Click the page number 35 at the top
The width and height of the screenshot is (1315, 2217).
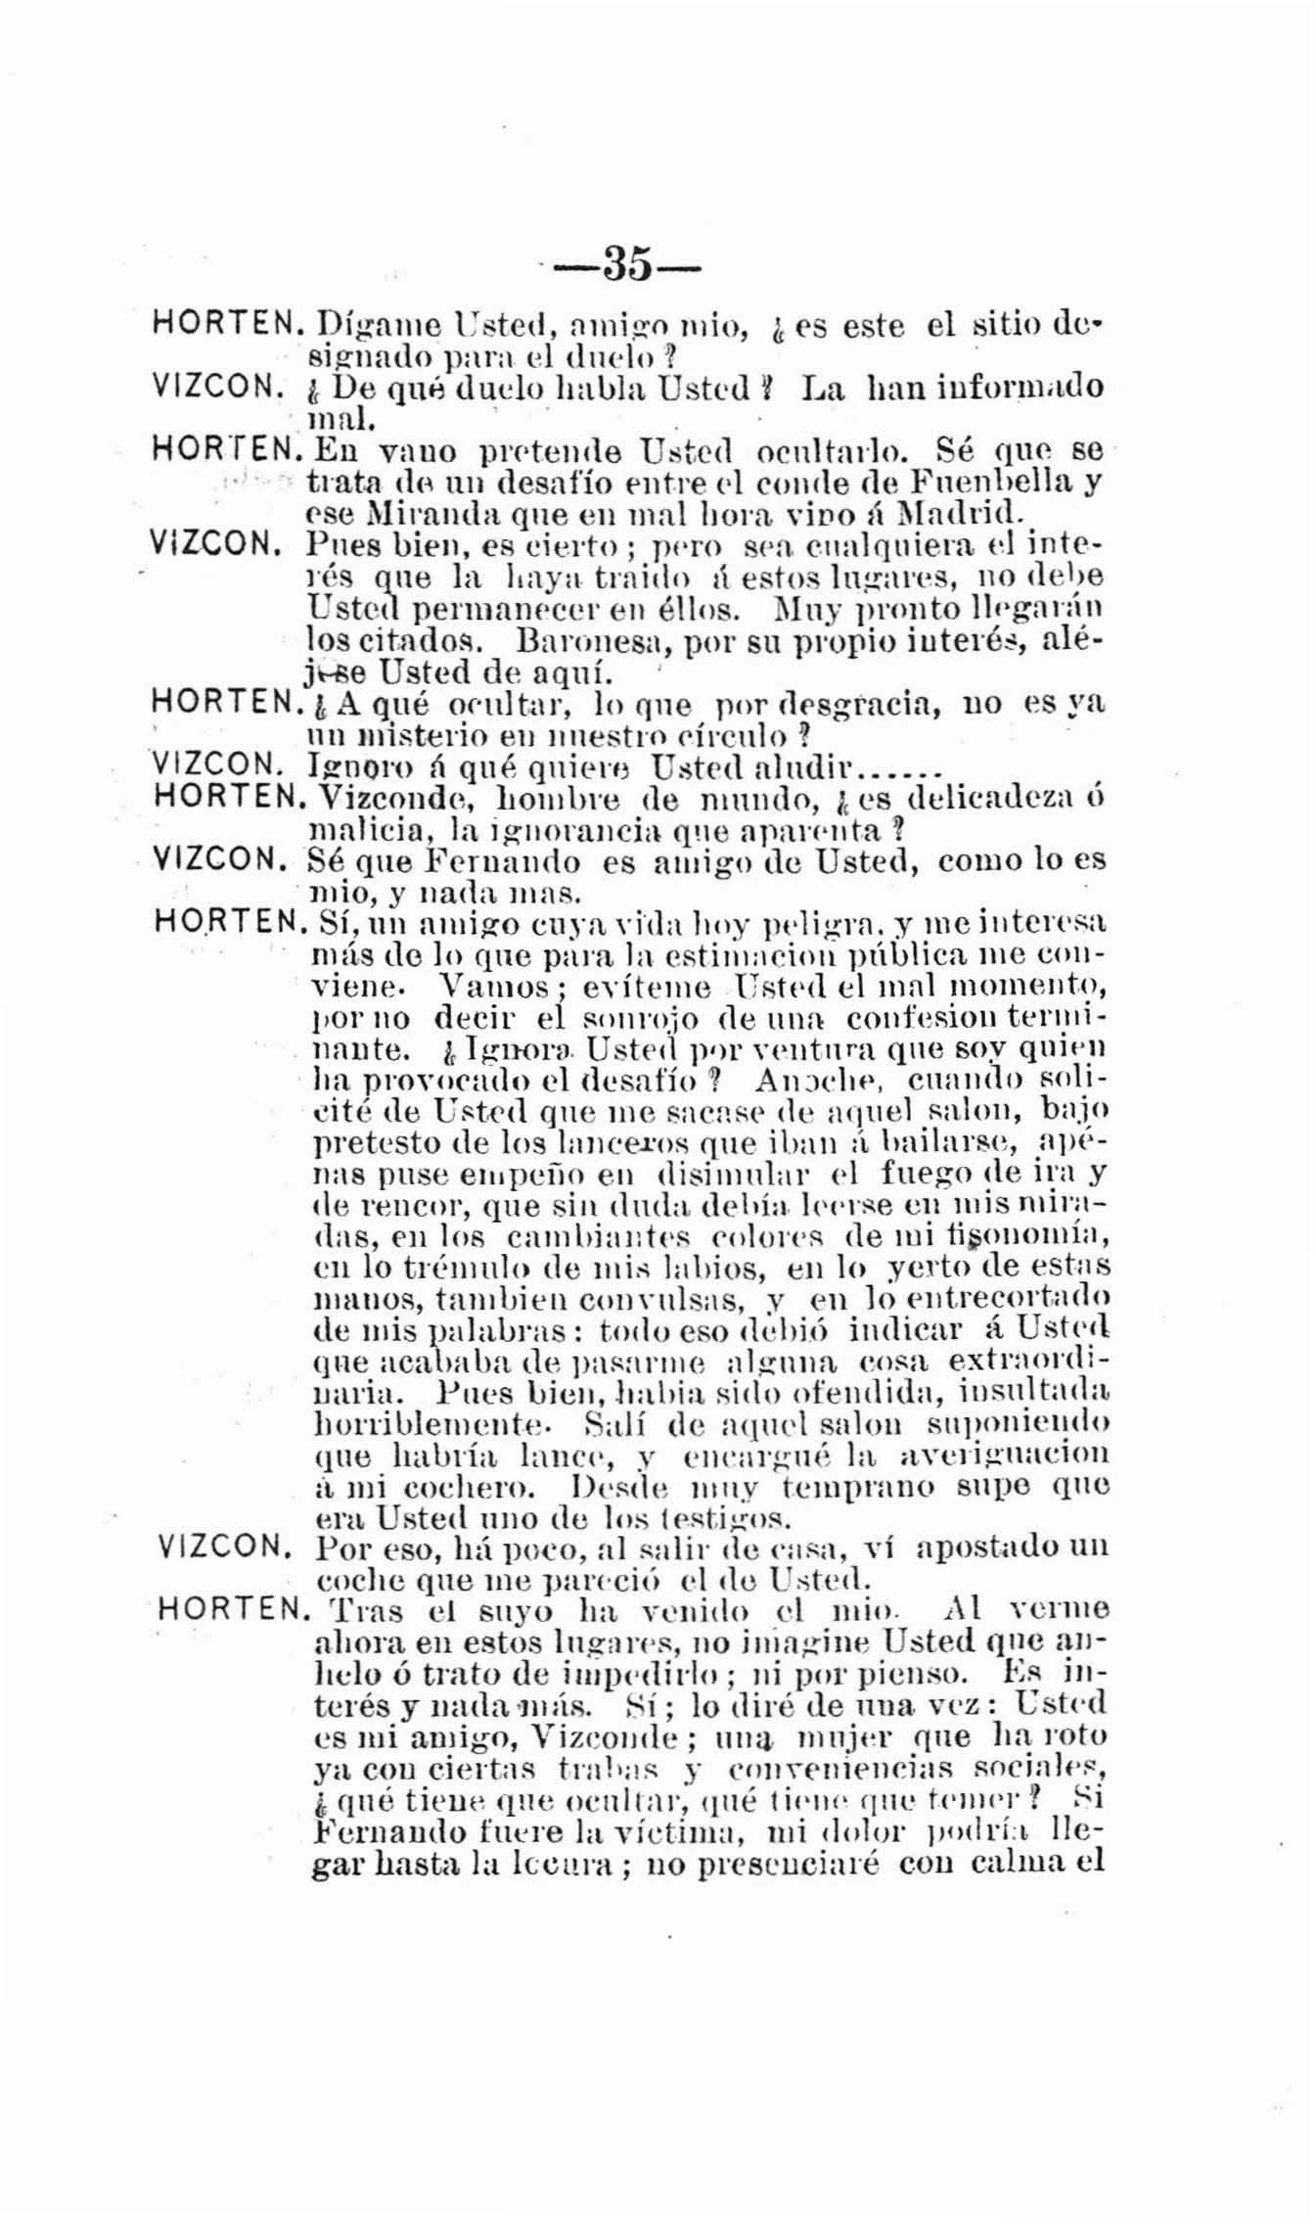626,263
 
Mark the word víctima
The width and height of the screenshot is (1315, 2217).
692,1830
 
